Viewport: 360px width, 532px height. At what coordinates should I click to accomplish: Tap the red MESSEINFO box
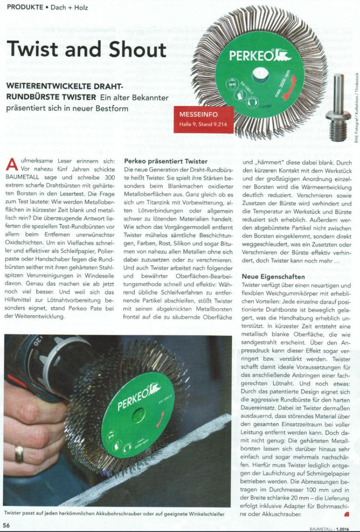click(203, 119)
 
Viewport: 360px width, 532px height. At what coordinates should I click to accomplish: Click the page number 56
click(7, 525)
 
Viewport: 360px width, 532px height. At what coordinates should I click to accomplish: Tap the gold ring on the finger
click(19, 454)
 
